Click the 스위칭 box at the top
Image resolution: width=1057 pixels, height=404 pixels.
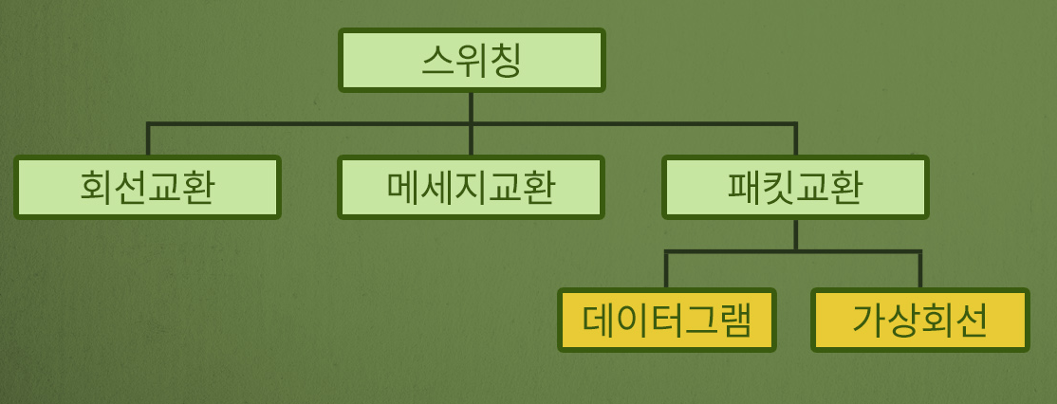[x=472, y=61]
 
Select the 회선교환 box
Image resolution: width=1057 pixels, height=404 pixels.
[x=147, y=188]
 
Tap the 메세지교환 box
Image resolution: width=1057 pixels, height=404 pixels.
[x=471, y=188]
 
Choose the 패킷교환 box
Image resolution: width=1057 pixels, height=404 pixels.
[x=795, y=188]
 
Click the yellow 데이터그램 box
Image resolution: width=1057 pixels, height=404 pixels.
[x=666, y=321]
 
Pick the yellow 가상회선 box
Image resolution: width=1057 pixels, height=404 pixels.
[x=919, y=321]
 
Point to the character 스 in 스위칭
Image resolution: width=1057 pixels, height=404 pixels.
[x=437, y=61]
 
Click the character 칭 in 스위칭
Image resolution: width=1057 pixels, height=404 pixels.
[x=506, y=61]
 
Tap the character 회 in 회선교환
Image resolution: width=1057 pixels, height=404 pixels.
[x=97, y=188]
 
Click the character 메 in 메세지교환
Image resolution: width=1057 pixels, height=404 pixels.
[x=404, y=188]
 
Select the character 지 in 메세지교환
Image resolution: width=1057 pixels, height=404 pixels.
[x=471, y=188]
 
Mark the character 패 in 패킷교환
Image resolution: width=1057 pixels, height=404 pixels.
[x=745, y=188]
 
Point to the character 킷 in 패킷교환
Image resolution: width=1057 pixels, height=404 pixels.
[x=778, y=188]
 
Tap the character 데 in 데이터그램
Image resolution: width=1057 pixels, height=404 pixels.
[x=600, y=321]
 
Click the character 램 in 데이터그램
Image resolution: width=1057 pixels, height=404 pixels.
[x=733, y=321]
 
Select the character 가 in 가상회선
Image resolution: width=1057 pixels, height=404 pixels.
[x=869, y=321]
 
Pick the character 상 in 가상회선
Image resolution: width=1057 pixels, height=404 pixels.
[x=902, y=321]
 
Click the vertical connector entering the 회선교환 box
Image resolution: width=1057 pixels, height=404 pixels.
[x=148, y=140]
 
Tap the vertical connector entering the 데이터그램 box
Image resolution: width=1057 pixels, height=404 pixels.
[x=666, y=270]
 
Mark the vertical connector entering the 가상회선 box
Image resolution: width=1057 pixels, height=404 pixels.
[x=919, y=270]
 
